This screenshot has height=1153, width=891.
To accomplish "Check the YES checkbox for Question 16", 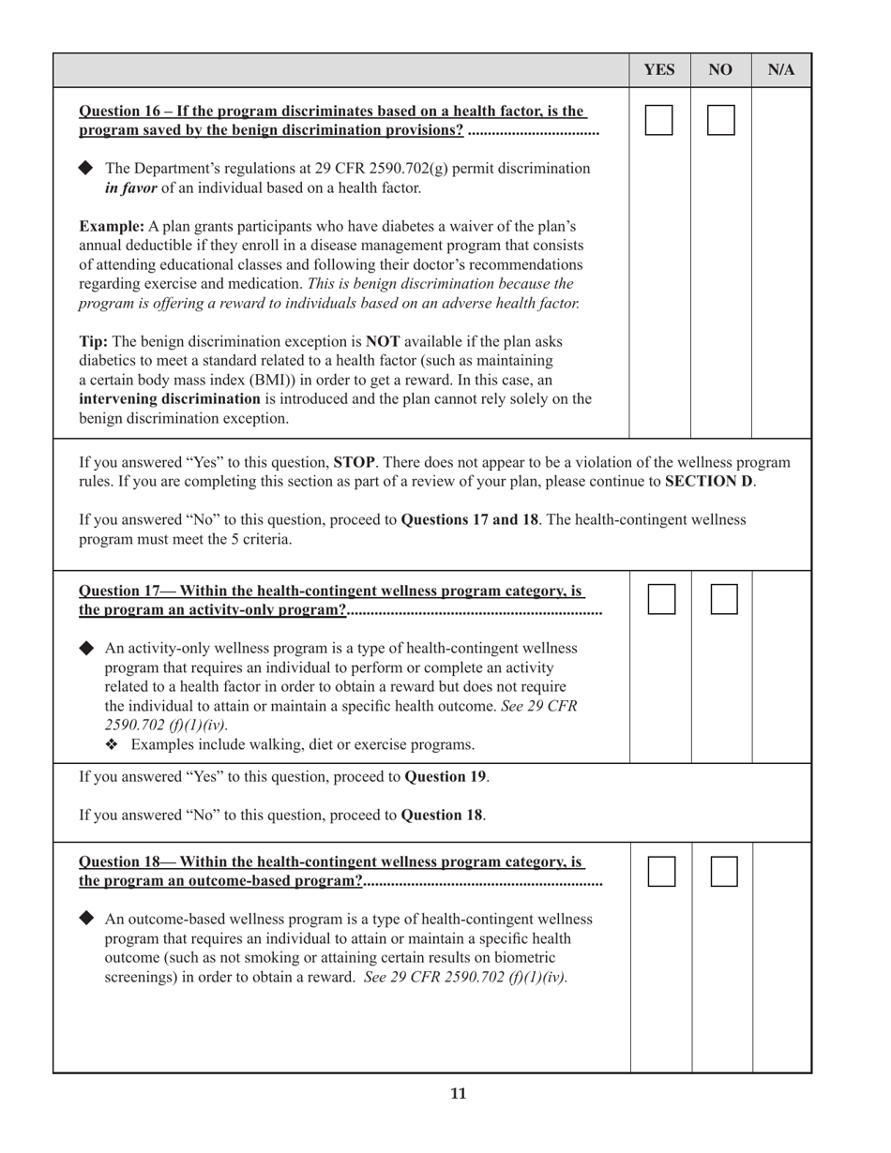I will click(659, 120).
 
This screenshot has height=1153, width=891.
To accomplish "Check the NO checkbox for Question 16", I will click(720, 120).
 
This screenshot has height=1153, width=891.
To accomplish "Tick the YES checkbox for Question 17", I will click(661, 599).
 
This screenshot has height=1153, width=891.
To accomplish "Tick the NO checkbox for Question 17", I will click(724, 599).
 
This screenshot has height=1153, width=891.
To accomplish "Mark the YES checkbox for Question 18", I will click(661, 871).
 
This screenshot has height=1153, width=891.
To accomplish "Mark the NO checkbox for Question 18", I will click(724, 871).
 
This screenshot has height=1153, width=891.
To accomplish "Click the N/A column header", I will click(781, 70).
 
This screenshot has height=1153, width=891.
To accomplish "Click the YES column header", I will click(659, 70).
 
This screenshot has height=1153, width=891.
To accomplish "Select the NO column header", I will click(720, 70).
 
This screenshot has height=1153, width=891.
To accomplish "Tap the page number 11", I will click(458, 1093).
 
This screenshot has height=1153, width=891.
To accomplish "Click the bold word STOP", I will click(355, 462).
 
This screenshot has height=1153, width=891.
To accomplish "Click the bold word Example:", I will click(112, 227).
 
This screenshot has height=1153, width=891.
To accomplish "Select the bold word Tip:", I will click(93, 341).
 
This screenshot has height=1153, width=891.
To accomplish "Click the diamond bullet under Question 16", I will click(86, 168).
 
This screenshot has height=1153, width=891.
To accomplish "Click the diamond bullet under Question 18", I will click(86, 918).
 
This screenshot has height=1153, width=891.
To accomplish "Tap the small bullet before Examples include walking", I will click(113, 745).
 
